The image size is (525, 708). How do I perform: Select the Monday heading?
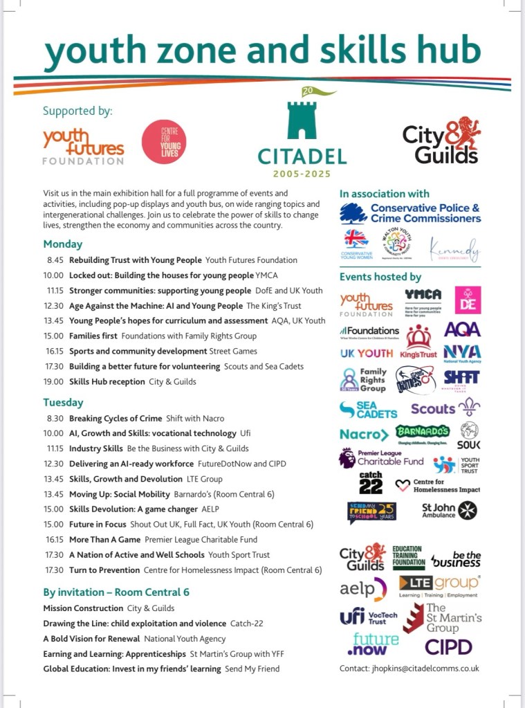62,244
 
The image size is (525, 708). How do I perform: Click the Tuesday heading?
63,402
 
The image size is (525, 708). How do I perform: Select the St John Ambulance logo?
450,510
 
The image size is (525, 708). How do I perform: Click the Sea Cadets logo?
368,409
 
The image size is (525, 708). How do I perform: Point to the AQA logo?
462,329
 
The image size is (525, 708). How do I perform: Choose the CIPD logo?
448,646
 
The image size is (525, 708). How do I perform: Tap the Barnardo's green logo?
423,433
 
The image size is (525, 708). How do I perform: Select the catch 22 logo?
371,482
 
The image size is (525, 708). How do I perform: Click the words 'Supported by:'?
77,111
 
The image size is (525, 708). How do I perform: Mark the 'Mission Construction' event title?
83,608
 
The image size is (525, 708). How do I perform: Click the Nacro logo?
364,435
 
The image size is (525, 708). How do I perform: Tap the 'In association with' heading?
384,194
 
